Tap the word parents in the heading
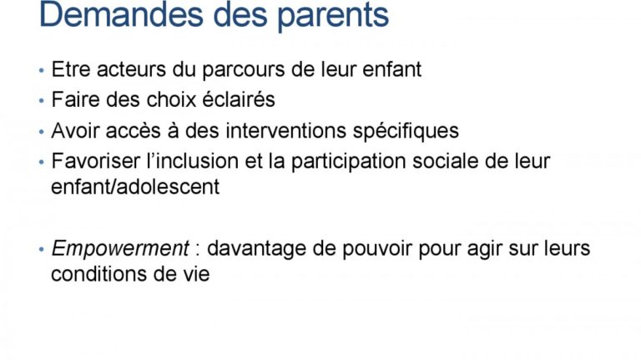(333, 18)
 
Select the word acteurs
(131, 69)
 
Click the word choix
(171, 100)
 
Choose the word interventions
(286, 131)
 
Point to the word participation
(349, 162)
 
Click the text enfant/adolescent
(135, 186)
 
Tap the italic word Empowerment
(120, 249)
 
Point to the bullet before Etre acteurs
(41, 70)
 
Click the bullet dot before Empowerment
(41, 249)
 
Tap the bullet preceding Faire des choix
(41, 100)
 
